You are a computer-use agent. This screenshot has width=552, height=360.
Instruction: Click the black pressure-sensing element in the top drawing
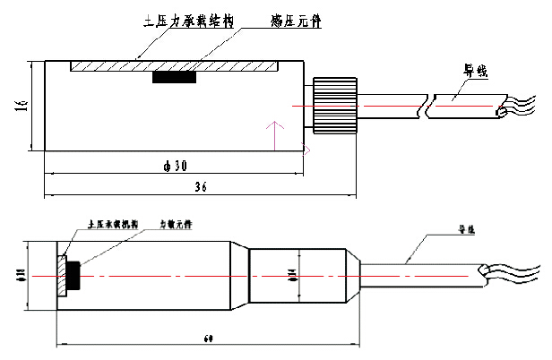(x=174, y=78)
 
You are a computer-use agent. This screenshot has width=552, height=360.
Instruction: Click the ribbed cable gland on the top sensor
(x=335, y=105)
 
